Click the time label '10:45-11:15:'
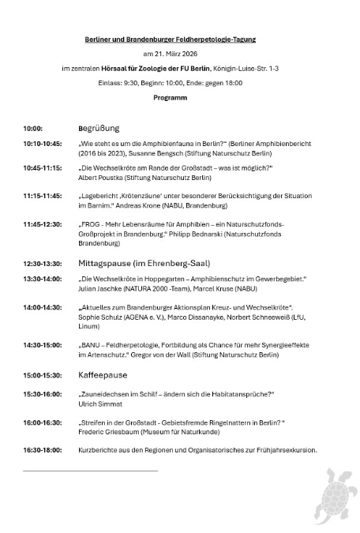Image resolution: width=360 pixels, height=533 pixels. [x=43, y=169]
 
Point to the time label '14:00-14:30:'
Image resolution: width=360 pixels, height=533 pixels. [x=43, y=306]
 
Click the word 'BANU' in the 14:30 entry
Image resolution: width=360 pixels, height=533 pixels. [x=92, y=345]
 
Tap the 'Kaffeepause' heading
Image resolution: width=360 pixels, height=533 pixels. [x=102, y=375]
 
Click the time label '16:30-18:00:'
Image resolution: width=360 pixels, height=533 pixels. [x=43, y=450]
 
